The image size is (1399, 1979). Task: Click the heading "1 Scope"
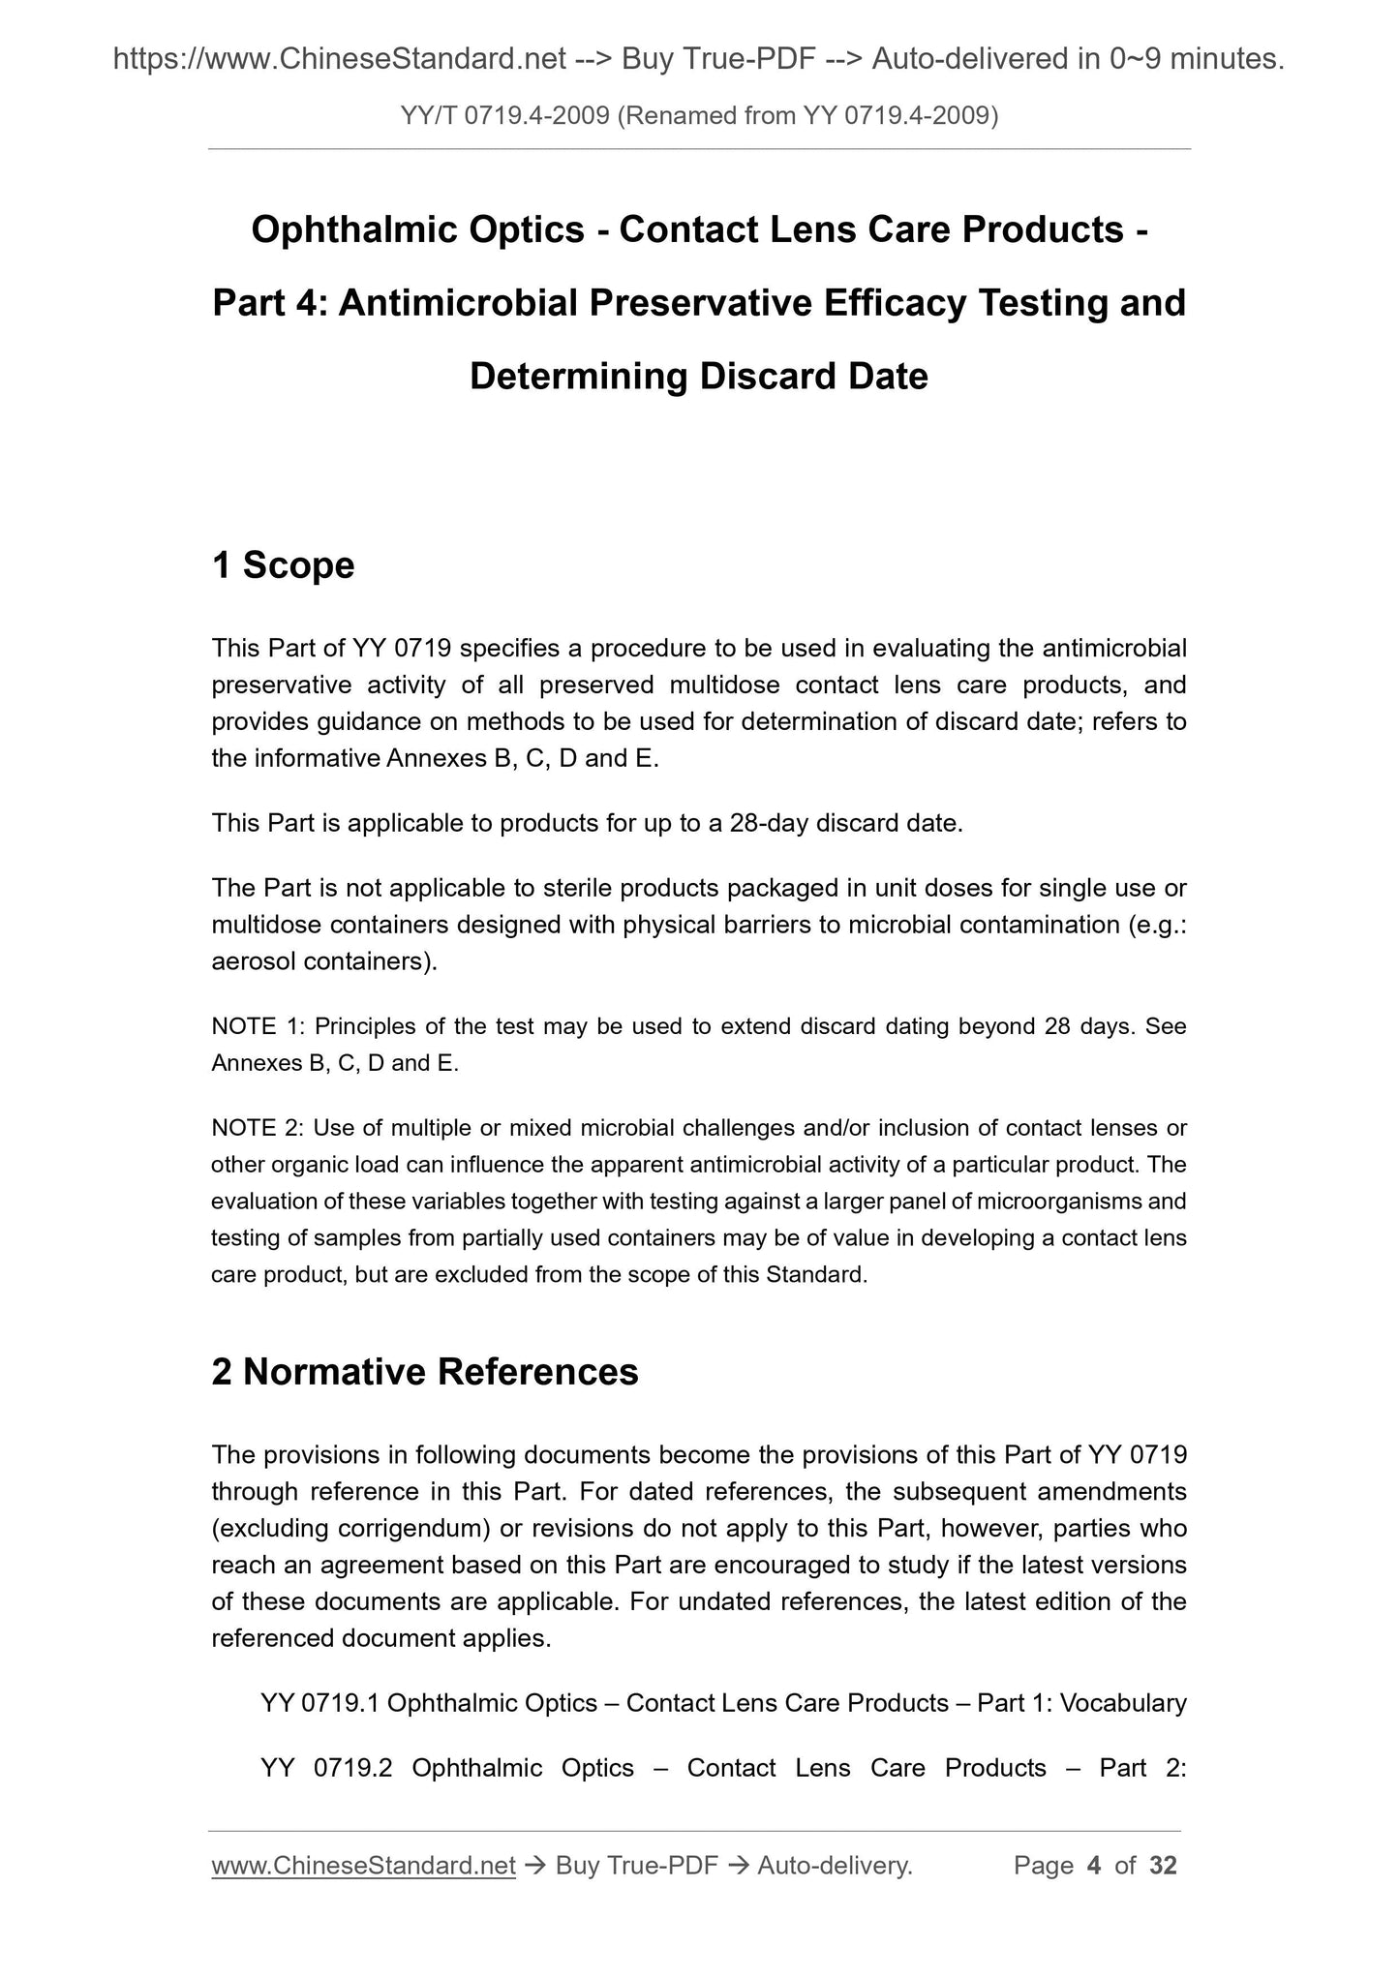click(x=283, y=565)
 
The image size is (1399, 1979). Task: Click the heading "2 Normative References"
click(x=425, y=1372)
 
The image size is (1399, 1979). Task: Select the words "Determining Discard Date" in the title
click(x=698, y=376)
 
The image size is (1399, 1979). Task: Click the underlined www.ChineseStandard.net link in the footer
click(x=363, y=1866)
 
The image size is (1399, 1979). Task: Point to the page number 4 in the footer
click(x=1094, y=1866)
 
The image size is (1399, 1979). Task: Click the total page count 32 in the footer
click(x=1163, y=1866)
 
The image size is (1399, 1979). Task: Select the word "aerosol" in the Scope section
click(x=254, y=961)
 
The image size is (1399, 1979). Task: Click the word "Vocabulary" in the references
click(x=1123, y=1703)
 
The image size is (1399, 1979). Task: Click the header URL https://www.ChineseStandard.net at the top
click(x=339, y=60)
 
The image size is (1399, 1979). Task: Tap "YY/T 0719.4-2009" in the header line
click(x=504, y=116)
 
